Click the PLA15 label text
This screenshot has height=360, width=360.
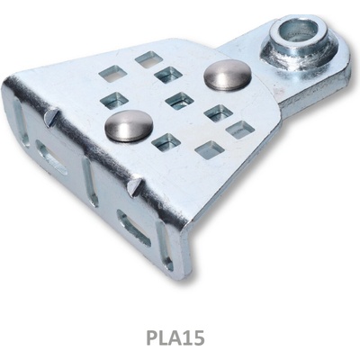click(x=175, y=337)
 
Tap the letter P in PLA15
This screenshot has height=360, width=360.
click(x=152, y=337)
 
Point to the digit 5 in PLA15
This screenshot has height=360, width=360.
click(x=199, y=337)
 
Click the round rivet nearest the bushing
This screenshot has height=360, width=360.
click(x=228, y=75)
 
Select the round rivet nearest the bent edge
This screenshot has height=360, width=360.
click(x=129, y=125)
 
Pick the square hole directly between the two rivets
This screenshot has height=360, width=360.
click(x=179, y=101)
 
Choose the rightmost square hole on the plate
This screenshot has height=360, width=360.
click(x=240, y=130)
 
